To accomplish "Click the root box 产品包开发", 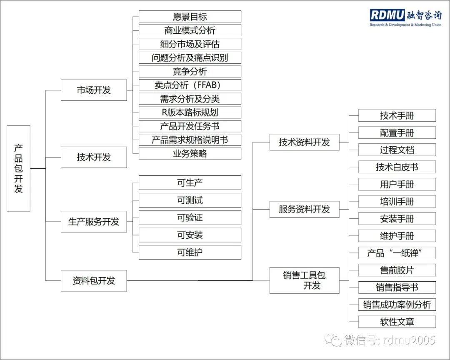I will pyautogui.click(x=19, y=168).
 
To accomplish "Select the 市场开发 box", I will pyautogui.click(x=94, y=90).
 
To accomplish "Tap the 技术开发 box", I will pyautogui.click(x=94, y=157).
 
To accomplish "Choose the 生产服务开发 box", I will pyautogui.click(x=94, y=222).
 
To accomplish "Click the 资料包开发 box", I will pyautogui.click(x=94, y=280).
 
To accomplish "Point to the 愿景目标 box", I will pyautogui.click(x=190, y=17).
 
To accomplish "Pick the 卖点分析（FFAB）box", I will pyautogui.click(x=190, y=85).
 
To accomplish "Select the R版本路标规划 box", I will pyautogui.click(x=190, y=112).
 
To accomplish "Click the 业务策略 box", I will pyautogui.click(x=190, y=153).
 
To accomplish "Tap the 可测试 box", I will pyautogui.click(x=190, y=200).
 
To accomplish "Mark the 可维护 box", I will pyautogui.click(x=190, y=252).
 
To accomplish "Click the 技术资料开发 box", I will pyautogui.click(x=304, y=142).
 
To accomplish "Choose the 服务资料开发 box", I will pyautogui.click(x=304, y=209).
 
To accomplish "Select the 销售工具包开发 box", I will pyautogui.click(x=304, y=280).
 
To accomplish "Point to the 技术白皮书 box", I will pyautogui.click(x=397, y=167).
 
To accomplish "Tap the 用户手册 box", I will pyautogui.click(x=397, y=185).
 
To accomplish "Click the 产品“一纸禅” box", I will pyautogui.click(x=397, y=253).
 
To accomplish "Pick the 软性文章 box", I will pyautogui.click(x=397, y=322).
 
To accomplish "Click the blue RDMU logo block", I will pyautogui.click(x=387, y=15).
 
